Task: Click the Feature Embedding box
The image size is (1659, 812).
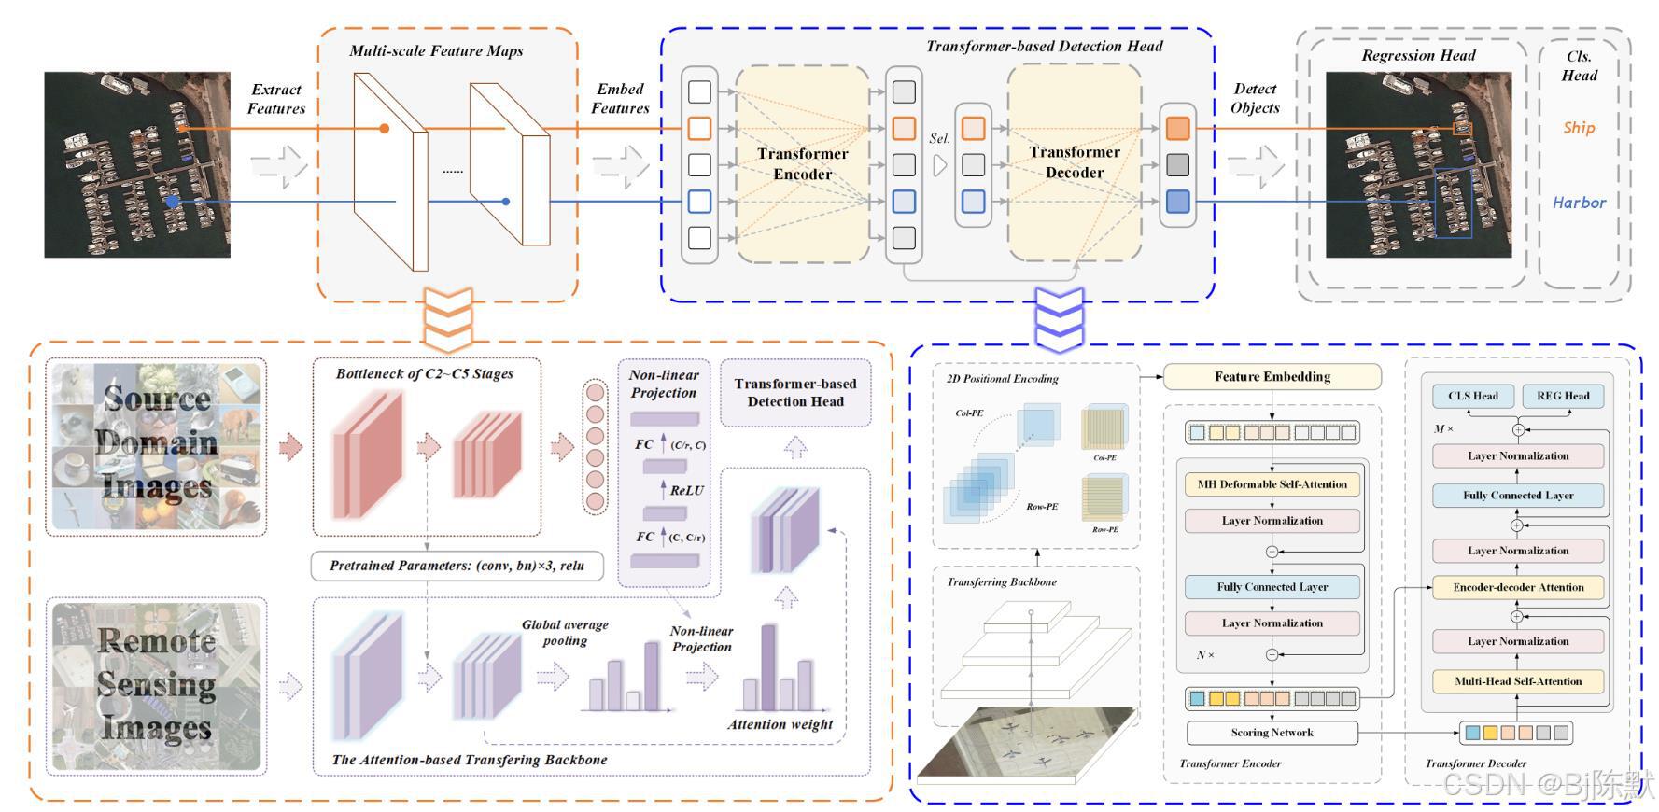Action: pos(1272,377)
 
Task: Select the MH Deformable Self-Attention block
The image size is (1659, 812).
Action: pos(1272,484)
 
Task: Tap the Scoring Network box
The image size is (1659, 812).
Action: pos(1272,733)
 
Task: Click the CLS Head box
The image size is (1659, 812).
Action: pos(1472,396)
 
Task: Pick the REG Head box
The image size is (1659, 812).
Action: pos(1562,396)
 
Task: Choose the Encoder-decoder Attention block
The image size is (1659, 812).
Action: pos(1518,587)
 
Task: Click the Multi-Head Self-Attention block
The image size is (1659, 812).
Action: pos(1518,681)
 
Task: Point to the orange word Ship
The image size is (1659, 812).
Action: pos(1579,128)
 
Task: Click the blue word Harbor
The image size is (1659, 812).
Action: pos(1579,203)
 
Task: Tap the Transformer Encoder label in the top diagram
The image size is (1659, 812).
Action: pos(802,164)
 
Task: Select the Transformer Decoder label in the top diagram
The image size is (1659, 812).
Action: pos(1074,162)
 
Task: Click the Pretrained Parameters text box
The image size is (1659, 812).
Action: pos(457,566)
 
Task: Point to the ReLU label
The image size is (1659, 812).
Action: pos(686,490)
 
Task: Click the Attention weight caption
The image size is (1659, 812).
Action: pos(780,724)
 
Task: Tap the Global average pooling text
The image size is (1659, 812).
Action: pos(565,633)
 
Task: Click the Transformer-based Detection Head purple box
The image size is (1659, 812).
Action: pos(795,393)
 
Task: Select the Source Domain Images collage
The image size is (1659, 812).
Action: pos(157,445)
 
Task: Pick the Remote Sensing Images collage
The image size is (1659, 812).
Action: pos(157,686)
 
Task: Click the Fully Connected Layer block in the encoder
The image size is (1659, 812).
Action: pos(1272,587)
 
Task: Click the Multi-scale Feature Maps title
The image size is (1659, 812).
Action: pos(436,51)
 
